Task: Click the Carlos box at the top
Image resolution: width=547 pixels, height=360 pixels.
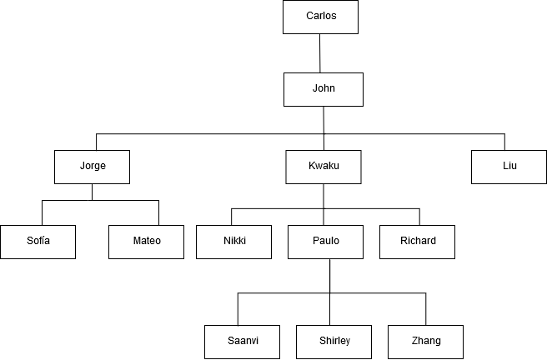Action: coord(321,17)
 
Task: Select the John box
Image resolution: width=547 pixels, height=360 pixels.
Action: coord(324,89)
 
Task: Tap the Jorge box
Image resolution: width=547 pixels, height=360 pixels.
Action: coord(93,166)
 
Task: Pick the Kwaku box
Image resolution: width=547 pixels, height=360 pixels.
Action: coord(324,166)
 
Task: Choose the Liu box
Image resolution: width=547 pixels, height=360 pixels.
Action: coord(509,166)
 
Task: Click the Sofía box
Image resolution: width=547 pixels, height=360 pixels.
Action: coord(38,242)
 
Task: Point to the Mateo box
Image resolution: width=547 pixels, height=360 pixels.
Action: coord(146,242)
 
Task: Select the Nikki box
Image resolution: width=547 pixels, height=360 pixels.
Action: coord(234,242)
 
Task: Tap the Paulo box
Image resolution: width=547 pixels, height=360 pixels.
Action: coord(326,242)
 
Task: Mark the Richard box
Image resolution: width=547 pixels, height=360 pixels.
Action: coord(417,242)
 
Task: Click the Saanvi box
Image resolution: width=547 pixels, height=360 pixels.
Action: coord(242,341)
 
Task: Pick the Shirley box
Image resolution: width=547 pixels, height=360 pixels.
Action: coord(334,341)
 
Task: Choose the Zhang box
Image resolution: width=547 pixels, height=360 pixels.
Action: coord(425,341)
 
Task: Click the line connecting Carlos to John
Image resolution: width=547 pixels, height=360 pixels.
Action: coord(320,53)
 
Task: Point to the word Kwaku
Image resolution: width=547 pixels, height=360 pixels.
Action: coord(324,166)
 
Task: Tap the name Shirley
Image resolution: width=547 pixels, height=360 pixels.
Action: coord(334,341)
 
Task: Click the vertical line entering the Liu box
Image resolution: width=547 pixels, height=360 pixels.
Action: coord(504,142)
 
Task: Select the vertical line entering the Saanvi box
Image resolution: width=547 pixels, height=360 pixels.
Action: coord(238,308)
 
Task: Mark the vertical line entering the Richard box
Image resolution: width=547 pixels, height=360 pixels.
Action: coord(419,216)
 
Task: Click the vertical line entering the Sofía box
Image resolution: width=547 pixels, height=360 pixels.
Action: coord(43,212)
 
